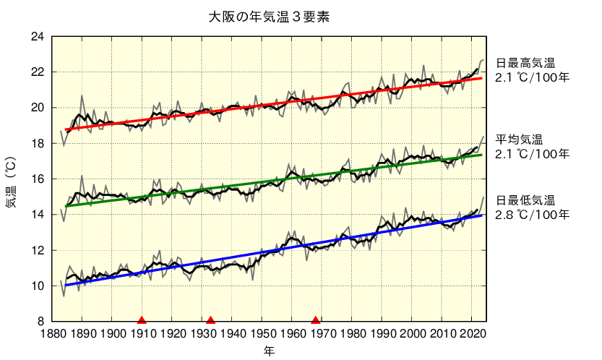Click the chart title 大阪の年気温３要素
[269, 15]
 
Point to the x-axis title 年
[269, 351]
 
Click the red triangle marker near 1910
[142, 320]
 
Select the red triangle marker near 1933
[210, 320]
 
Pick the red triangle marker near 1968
[316, 320]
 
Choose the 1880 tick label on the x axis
[52, 333]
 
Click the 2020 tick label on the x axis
[472, 333]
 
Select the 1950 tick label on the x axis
[262, 333]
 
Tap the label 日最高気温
[525, 63]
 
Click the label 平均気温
[519, 140]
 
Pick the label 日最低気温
[525, 200]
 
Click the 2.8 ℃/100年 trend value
[533, 215]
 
